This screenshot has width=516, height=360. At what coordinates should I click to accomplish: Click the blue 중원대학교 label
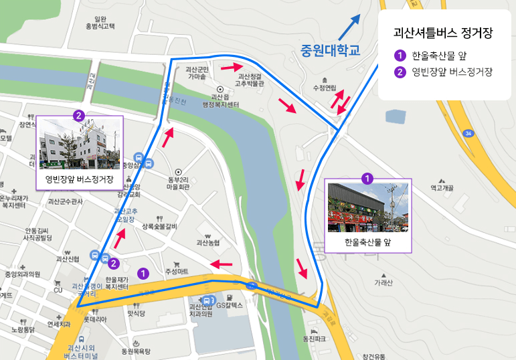pyautogui.click(x=330, y=50)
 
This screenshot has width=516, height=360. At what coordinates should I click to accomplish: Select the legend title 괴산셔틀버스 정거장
pyautogui.click(x=444, y=33)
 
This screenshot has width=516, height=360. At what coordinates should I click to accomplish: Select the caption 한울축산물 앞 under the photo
pyautogui.click(x=367, y=243)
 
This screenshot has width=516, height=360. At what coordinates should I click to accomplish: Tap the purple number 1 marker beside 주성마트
pyautogui.click(x=142, y=273)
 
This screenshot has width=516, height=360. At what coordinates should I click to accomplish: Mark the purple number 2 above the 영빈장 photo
pyautogui.click(x=79, y=116)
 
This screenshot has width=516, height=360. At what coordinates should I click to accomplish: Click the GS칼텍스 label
pyautogui.click(x=233, y=305)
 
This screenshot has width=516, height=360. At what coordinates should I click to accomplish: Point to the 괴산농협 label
pyautogui.click(x=209, y=243)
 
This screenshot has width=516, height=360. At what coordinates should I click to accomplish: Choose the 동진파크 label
pyautogui.click(x=314, y=339)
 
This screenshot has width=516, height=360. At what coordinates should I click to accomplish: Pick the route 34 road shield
pyautogui.click(x=468, y=134)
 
